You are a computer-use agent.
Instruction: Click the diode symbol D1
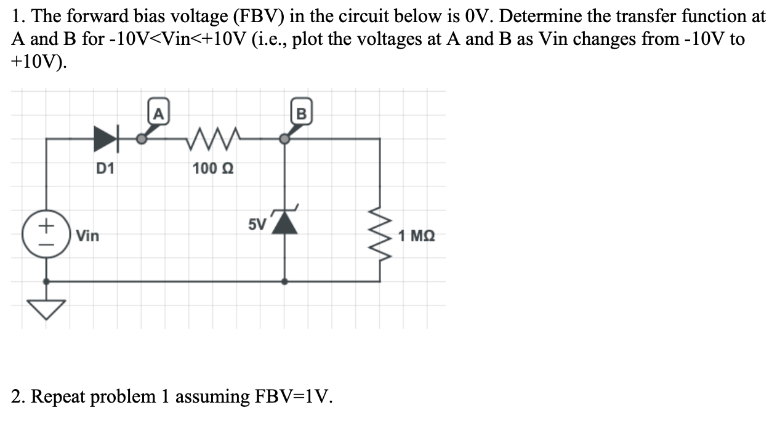click(105, 139)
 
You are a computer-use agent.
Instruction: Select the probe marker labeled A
click(158, 114)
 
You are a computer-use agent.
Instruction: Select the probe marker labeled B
click(301, 114)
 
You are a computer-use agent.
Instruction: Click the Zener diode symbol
click(284, 223)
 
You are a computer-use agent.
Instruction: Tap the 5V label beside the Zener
click(257, 224)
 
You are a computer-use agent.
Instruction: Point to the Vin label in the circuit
click(88, 236)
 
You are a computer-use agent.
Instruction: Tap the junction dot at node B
click(284, 139)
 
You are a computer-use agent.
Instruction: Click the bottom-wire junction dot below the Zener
click(284, 281)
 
